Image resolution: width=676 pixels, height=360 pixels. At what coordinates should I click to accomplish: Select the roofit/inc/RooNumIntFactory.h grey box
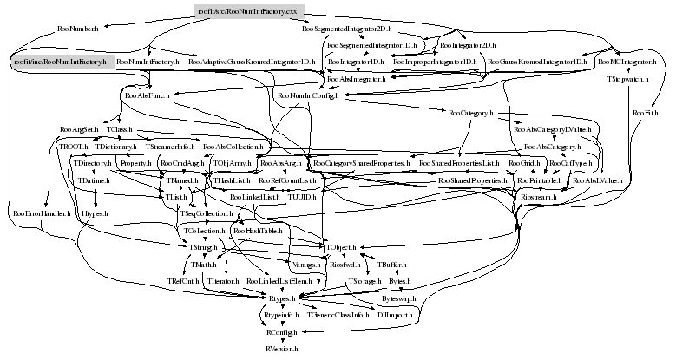tap(62, 62)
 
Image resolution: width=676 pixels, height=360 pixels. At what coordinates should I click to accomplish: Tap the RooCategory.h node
tap(471, 113)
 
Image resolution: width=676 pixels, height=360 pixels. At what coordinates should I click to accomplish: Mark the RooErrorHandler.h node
tap(41, 213)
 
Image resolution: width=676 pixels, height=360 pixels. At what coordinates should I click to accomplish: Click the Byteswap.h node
tap(399, 298)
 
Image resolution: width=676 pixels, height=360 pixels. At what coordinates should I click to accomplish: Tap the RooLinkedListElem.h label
tap(279, 282)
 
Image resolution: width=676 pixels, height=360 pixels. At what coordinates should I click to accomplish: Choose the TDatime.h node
tap(93, 180)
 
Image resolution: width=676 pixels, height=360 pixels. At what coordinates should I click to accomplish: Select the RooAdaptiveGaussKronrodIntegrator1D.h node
tap(253, 62)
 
